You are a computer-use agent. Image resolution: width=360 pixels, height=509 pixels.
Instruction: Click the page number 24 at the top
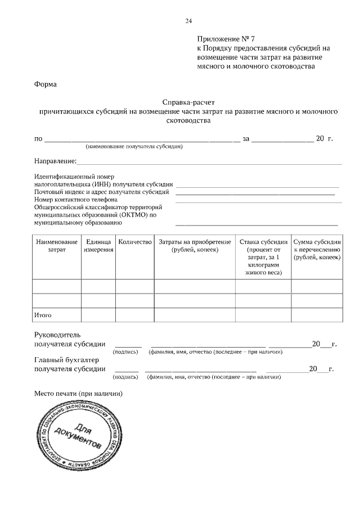(x=188, y=21)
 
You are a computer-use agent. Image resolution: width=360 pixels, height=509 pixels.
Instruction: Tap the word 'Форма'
(x=46, y=84)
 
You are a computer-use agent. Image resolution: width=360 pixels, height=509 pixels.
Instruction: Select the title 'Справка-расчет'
(x=188, y=102)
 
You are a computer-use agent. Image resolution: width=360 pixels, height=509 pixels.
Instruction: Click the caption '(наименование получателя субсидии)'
(x=133, y=146)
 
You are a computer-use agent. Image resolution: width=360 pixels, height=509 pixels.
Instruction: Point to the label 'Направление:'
(x=55, y=161)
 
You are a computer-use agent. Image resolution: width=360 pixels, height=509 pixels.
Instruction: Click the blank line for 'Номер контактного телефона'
(x=258, y=200)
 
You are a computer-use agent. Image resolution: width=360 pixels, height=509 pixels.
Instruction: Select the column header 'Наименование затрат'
(x=57, y=245)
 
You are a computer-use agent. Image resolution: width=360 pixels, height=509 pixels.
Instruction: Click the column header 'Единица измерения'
(x=99, y=245)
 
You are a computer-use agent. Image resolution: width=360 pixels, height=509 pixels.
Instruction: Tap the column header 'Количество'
(x=136, y=242)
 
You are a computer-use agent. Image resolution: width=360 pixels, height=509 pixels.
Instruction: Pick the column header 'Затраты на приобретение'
(x=195, y=245)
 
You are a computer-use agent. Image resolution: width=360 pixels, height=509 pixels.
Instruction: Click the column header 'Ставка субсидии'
(x=263, y=256)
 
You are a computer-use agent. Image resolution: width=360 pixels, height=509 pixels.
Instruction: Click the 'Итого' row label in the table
(x=43, y=316)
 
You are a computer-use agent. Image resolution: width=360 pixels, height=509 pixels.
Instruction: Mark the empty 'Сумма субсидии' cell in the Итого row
(x=317, y=316)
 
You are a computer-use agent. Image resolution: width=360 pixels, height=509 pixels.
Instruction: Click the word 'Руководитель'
(x=58, y=335)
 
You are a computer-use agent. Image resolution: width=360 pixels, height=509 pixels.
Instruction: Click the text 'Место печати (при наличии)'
(x=78, y=393)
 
